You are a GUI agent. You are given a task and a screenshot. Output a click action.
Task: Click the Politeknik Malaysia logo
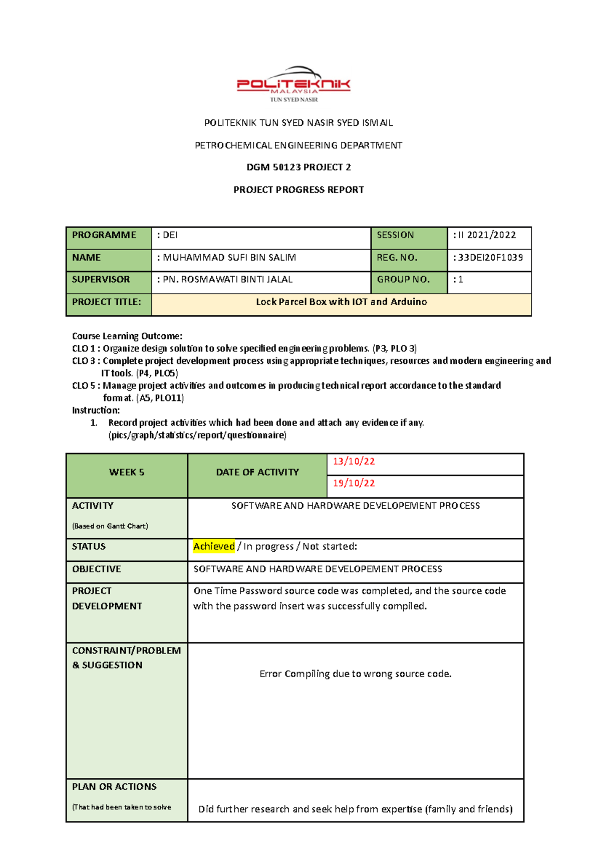coord(293,84)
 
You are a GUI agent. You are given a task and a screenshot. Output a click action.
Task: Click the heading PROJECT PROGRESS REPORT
coord(298,190)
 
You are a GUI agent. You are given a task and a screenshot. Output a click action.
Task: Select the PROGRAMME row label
coord(104,235)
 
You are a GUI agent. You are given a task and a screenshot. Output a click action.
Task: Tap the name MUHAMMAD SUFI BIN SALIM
coord(229,258)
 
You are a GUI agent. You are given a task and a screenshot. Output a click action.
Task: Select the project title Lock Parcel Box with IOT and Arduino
coord(341,302)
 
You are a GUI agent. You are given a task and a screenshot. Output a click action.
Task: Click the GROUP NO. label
coord(403,280)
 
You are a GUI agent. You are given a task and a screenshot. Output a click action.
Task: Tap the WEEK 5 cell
coord(127,472)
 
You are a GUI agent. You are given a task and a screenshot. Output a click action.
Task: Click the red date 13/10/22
coord(354,462)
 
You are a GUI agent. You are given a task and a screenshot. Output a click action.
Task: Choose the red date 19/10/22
coord(354,483)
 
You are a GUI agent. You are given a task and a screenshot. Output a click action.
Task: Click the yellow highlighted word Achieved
coord(214,546)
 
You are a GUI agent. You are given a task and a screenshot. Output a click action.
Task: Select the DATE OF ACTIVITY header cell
coord(257,472)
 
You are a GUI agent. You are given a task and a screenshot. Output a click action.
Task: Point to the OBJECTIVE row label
coord(97,569)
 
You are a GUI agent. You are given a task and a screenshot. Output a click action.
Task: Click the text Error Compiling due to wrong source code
coord(355,674)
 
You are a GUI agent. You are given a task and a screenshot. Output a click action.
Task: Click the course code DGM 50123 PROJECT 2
coord(298,167)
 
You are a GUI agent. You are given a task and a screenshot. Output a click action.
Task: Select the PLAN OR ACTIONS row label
coord(114,787)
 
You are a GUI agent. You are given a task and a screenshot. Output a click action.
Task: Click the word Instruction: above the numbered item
coord(96,410)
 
